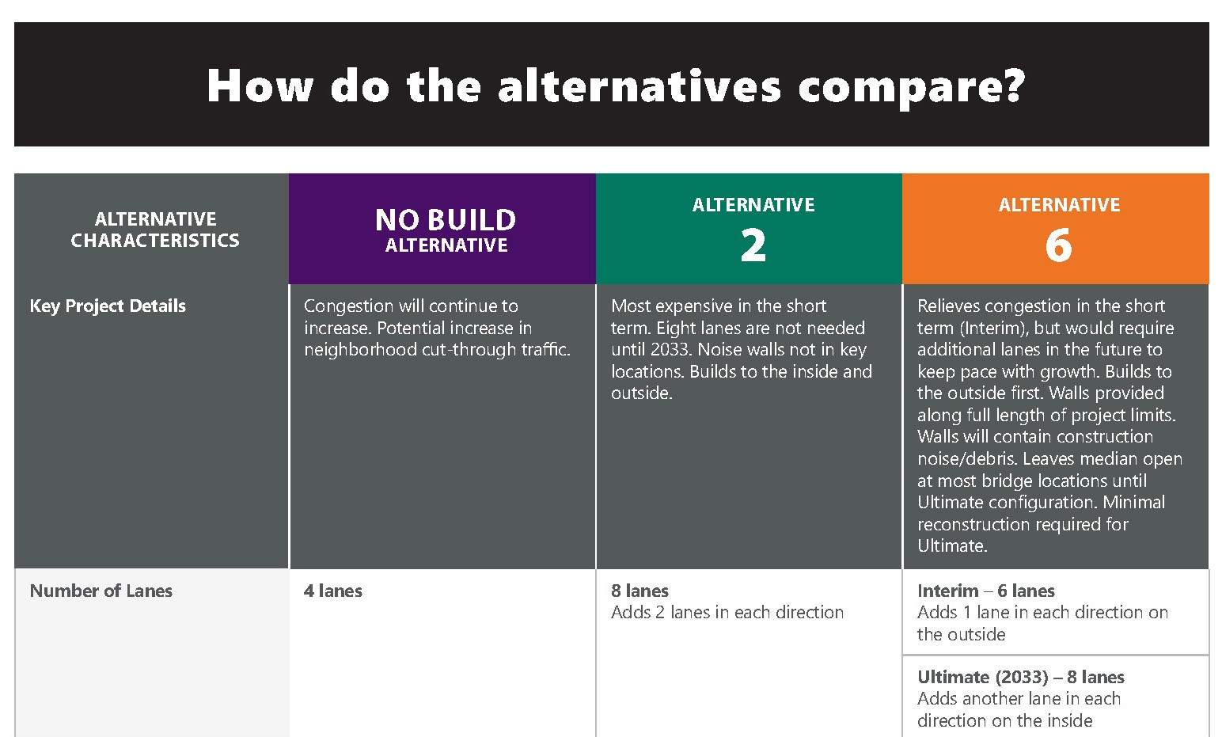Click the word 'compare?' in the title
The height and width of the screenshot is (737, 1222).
pyautogui.click(x=911, y=86)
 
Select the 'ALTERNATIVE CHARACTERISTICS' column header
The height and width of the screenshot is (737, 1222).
pyautogui.click(x=155, y=230)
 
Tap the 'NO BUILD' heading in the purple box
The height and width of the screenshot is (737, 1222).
pyautogui.click(x=446, y=219)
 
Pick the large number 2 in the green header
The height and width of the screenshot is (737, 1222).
pyautogui.click(x=753, y=245)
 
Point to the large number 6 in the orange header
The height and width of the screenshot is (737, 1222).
pyautogui.click(x=1058, y=245)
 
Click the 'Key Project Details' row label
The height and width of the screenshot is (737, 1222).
pyautogui.click(x=108, y=306)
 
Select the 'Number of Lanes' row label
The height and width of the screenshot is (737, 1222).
pyautogui.click(x=101, y=591)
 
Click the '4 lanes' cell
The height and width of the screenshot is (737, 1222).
pyautogui.click(x=332, y=591)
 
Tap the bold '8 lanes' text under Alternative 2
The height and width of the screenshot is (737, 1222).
pyautogui.click(x=639, y=591)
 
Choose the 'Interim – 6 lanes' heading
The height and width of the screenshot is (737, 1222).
pyautogui.click(x=985, y=591)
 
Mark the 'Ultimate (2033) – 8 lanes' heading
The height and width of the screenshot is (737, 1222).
pyautogui.click(x=1020, y=677)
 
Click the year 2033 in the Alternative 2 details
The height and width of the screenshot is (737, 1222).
pyautogui.click(x=670, y=350)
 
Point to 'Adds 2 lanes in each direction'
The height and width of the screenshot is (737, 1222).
pyautogui.click(x=727, y=613)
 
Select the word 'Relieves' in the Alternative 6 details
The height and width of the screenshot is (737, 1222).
pyautogui.click(x=948, y=306)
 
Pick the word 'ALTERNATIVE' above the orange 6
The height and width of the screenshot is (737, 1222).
pyautogui.click(x=1059, y=205)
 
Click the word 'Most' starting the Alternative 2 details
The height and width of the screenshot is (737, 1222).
pyautogui.click(x=630, y=306)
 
